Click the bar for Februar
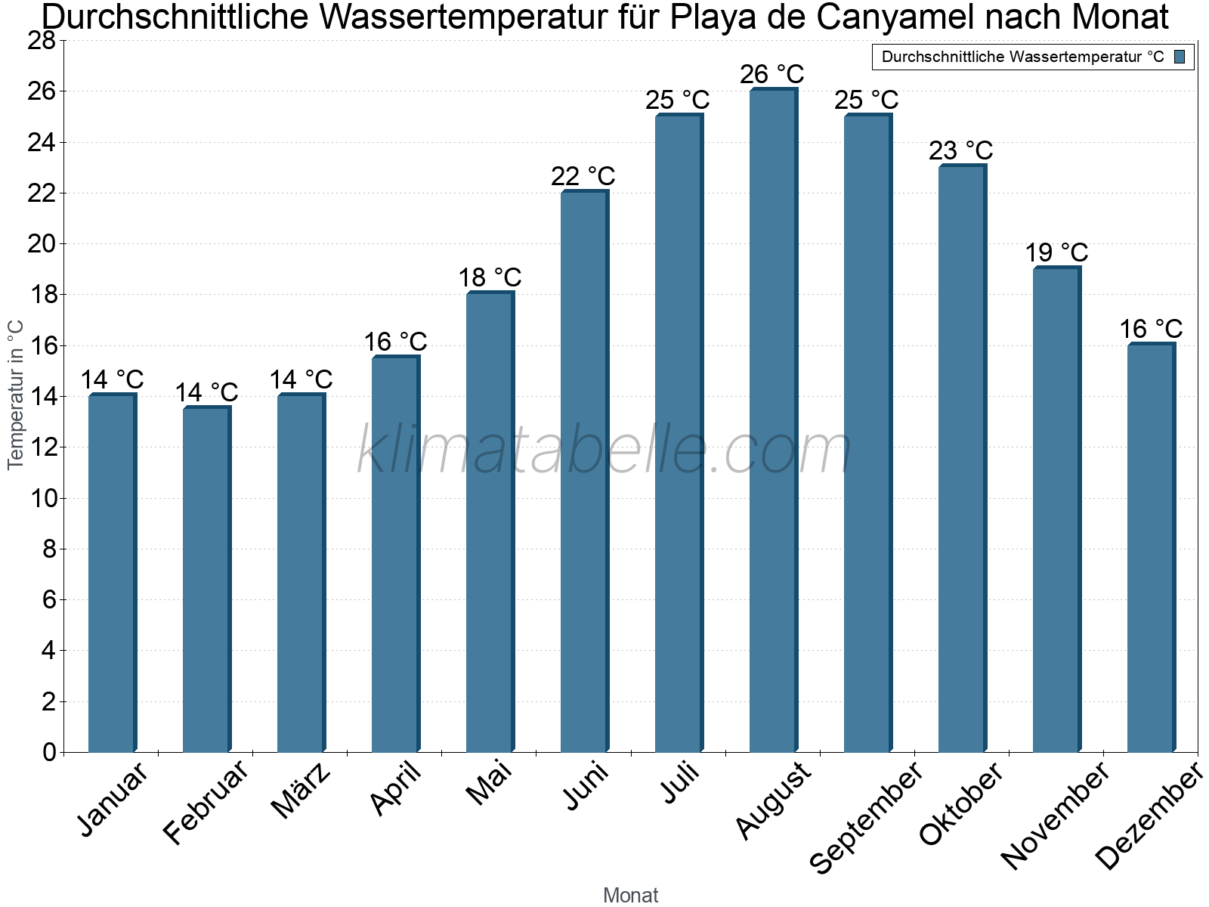pos(206,580)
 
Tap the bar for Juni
pos(583,472)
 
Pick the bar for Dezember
pos(1150,548)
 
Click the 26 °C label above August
pos(772,75)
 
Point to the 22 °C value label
pos(583,177)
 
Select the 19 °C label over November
pos(1056,252)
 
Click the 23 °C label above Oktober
pos(961,151)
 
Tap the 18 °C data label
pos(490,278)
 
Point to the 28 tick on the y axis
pos(42,41)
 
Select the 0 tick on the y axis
pos(49,752)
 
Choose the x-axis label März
pos(301,791)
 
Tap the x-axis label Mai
pos(490,783)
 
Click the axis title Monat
pos(630,895)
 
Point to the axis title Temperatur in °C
pos(15,395)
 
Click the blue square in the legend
pos(1180,57)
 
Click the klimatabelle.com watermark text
pos(604,451)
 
